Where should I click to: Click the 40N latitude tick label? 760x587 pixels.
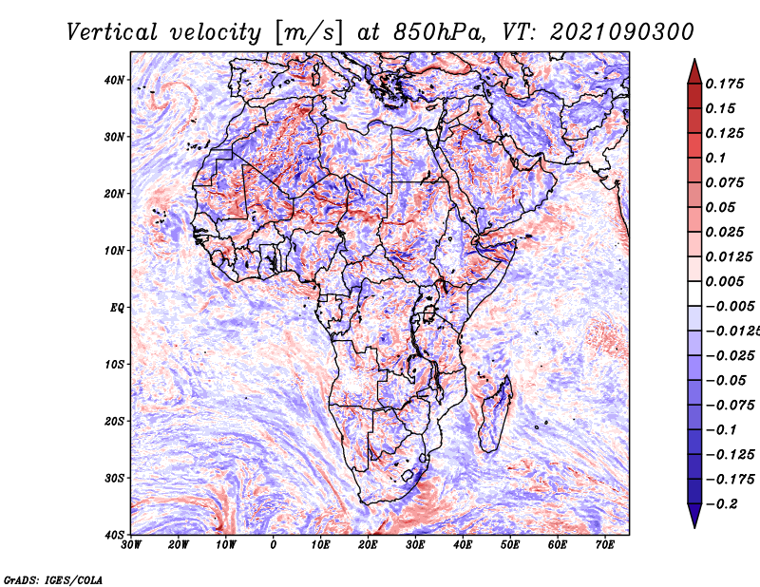pyautogui.click(x=114, y=80)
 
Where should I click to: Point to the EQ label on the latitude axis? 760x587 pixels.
pyautogui.click(x=117, y=308)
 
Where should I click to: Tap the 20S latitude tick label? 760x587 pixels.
pyautogui.click(x=114, y=421)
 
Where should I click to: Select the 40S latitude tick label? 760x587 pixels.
pyautogui.click(x=114, y=535)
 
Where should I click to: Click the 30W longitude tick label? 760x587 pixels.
pyautogui.click(x=131, y=545)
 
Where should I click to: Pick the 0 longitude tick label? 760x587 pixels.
pyautogui.click(x=274, y=545)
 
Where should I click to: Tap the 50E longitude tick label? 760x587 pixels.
pyautogui.click(x=510, y=545)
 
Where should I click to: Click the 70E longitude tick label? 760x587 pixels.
pyautogui.click(x=605, y=545)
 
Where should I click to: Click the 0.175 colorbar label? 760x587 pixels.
pyautogui.click(x=725, y=85)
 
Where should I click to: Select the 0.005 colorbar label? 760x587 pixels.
pyautogui.click(x=725, y=281)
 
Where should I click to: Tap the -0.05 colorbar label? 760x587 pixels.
pyautogui.click(x=726, y=381)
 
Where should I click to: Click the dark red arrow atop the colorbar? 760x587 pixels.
pyautogui.click(x=694, y=72)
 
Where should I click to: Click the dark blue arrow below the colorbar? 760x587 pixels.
pyautogui.click(x=694, y=516)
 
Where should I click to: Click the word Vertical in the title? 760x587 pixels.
pyautogui.click(x=112, y=32)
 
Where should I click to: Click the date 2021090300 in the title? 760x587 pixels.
pyautogui.click(x=622, y=32)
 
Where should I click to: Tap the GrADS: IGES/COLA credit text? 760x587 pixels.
pyautogui.click(x=53, y=579)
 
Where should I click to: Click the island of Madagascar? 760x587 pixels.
pyautogui.click(x=496, y=414)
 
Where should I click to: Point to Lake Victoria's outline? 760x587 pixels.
pyautogui.click(x=428, y=314)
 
